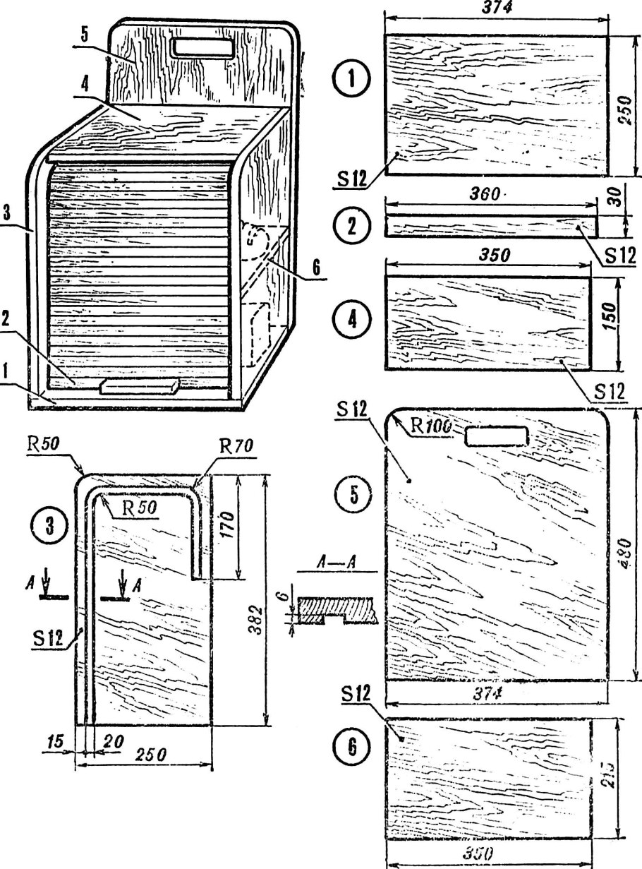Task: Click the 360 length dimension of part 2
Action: pos(487,194)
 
